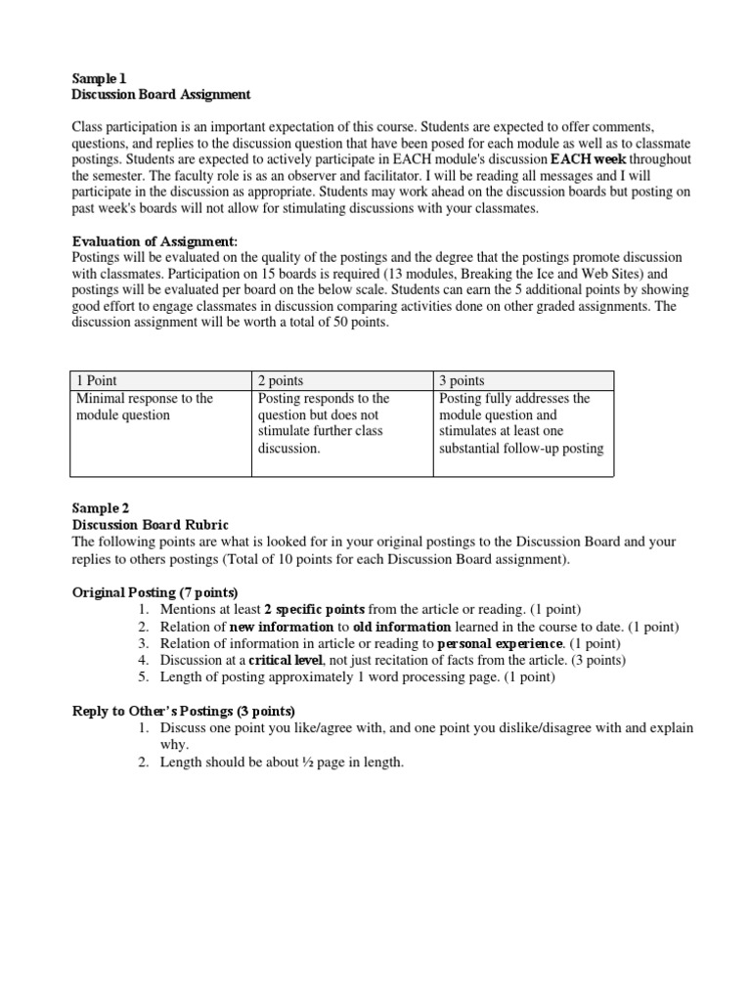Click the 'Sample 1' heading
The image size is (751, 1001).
coord(100,77)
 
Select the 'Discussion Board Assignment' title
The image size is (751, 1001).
coord(161,94)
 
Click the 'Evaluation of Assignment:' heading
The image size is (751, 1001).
coord(155,241)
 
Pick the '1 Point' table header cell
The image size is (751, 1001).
coord(97,380)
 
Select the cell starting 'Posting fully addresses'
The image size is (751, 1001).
coord(521,423)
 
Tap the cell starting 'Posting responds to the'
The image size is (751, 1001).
coord(323,423)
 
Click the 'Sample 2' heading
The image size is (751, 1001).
coord(101,508)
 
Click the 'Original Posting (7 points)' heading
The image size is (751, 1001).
coord(155,592)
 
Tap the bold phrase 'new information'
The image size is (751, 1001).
coord(282,627)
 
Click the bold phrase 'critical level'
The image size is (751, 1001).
coord(288,660)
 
